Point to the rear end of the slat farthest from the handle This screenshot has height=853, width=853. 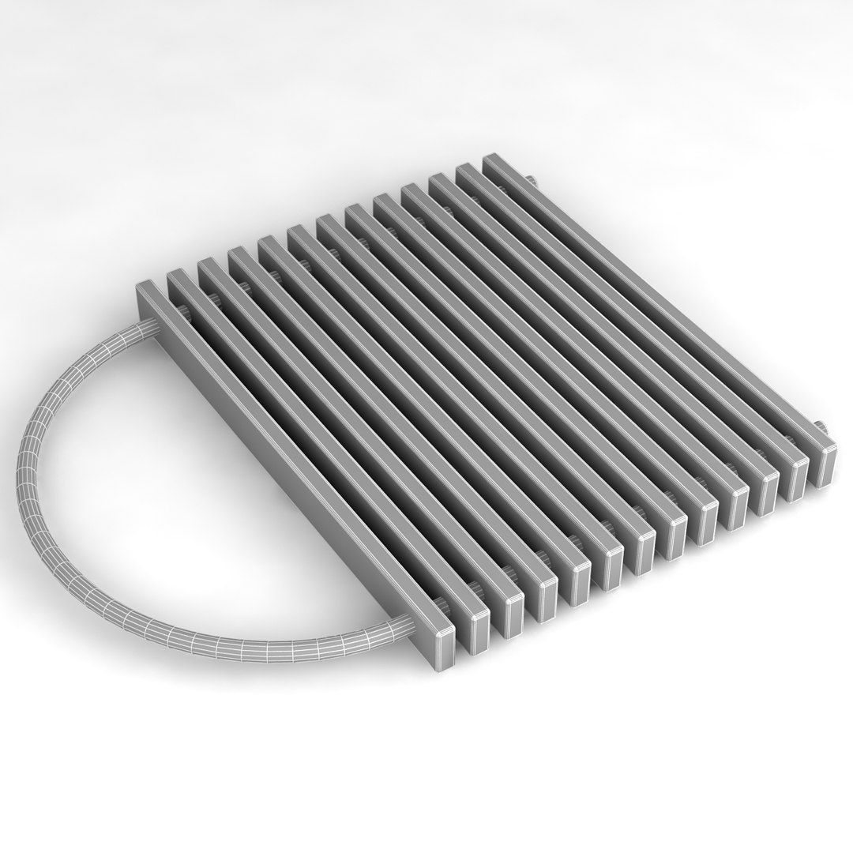pos(496,160)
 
